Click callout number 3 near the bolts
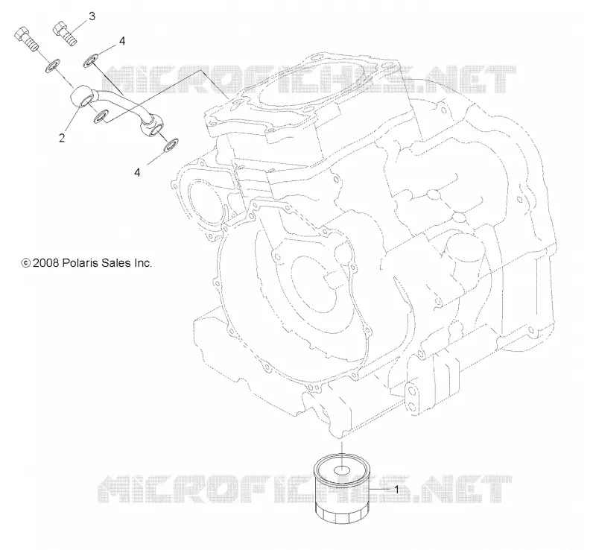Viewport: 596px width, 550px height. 92,16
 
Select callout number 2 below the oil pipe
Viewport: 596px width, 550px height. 62,138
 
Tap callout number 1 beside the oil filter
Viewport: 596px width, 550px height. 396,490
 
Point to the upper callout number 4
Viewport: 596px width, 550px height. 122,41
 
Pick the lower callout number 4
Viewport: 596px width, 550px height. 137,172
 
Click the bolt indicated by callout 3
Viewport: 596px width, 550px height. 66,34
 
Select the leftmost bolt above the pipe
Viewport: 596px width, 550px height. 26,39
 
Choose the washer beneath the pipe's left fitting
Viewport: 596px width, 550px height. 101,116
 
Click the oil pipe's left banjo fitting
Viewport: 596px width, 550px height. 83,98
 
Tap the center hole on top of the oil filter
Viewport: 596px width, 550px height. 342,470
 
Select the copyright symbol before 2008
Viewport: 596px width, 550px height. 26,263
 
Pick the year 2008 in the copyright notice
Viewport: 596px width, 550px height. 45,263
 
